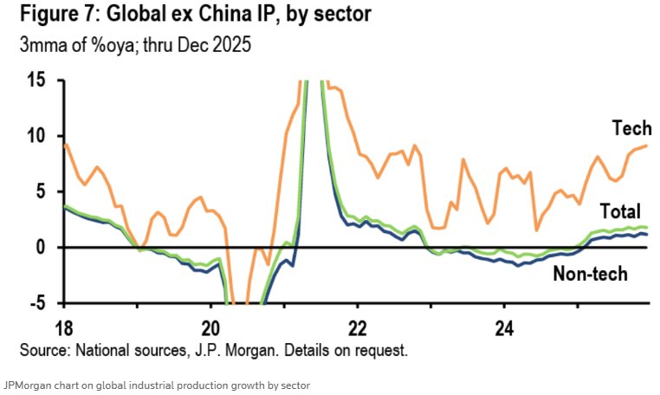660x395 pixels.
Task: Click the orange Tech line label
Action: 631,128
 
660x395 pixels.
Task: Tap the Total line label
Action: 619,211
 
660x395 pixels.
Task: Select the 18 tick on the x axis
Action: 64,329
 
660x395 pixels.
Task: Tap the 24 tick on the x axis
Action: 504,329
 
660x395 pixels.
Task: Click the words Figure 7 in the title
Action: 51,16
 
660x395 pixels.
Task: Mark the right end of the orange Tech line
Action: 647,146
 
